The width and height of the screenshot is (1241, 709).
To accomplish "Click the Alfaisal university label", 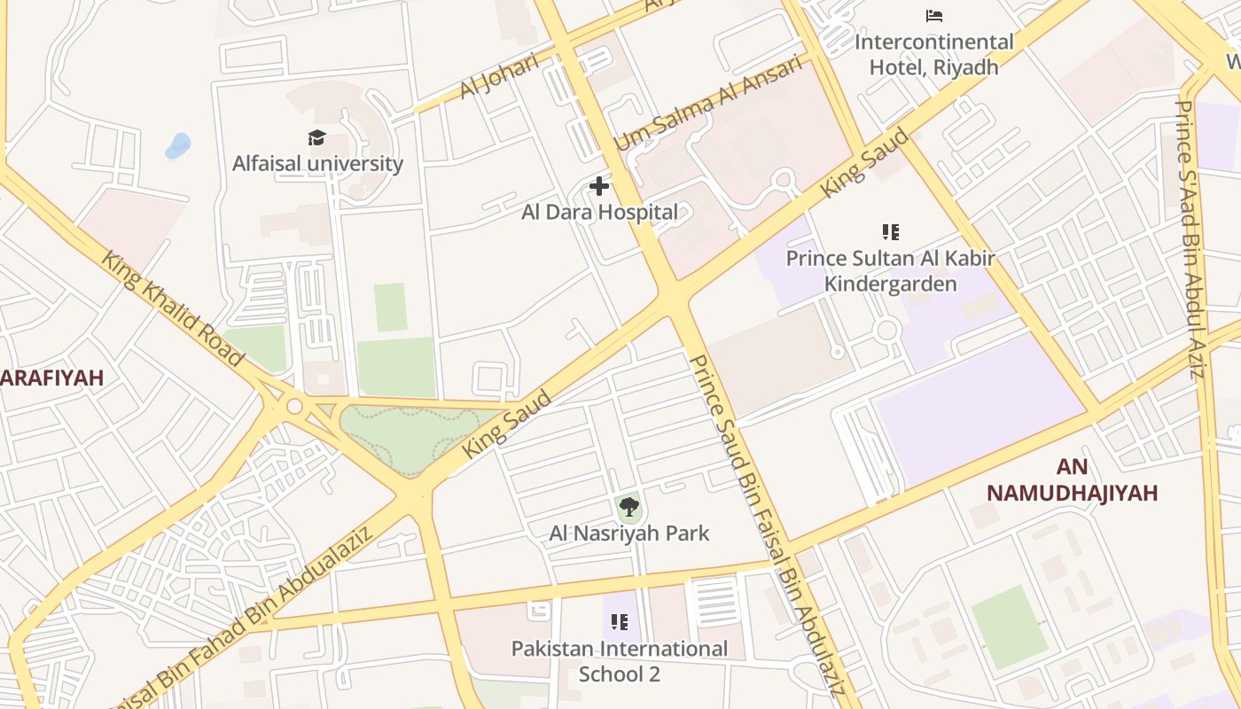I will pos(317,164).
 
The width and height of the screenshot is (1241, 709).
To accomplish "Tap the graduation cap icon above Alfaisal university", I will pos(316,137).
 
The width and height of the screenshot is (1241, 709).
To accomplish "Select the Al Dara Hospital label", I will pos(599,213).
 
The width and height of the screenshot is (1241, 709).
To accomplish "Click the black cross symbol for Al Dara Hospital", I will pos(599,186).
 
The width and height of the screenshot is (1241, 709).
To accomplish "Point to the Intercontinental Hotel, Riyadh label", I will pos(933,54).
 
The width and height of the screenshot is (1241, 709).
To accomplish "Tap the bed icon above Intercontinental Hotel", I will pos(933,16).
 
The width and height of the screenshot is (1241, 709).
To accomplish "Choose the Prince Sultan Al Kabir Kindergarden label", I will pos(891,271).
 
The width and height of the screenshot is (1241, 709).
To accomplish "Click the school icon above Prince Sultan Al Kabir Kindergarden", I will pos(891,232).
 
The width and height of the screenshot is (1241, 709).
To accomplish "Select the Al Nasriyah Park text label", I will pos(629,534).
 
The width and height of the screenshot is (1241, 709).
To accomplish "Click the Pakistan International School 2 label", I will pos(620,661).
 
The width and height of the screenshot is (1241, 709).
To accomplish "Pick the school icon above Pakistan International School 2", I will pos(620,621).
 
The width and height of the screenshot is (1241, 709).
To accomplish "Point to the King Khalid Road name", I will pos(172,308).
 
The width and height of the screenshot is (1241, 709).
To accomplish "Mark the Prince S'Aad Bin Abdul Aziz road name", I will pos(1189,239).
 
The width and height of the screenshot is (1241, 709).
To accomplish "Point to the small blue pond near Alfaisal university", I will pos(178,145).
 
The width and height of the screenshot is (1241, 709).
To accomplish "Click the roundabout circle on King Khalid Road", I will pos(294,407).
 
